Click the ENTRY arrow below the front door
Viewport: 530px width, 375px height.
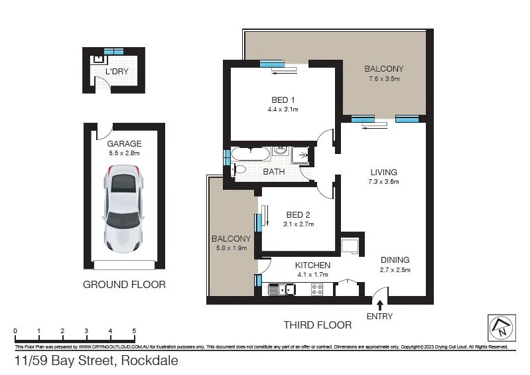[379, 305]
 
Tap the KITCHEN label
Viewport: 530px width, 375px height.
[313, 265]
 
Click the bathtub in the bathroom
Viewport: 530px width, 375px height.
[249, 154]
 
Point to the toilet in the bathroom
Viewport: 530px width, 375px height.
[237, 170]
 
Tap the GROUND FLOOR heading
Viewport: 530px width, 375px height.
[124, 284]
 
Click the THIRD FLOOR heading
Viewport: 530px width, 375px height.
[317, 325]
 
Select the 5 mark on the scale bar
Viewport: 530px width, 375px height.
[134, 330]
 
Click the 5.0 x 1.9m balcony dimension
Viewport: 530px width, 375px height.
[232, 248]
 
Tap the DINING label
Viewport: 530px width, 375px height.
[395, 260]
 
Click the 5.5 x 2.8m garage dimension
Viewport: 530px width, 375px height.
[124, 153]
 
